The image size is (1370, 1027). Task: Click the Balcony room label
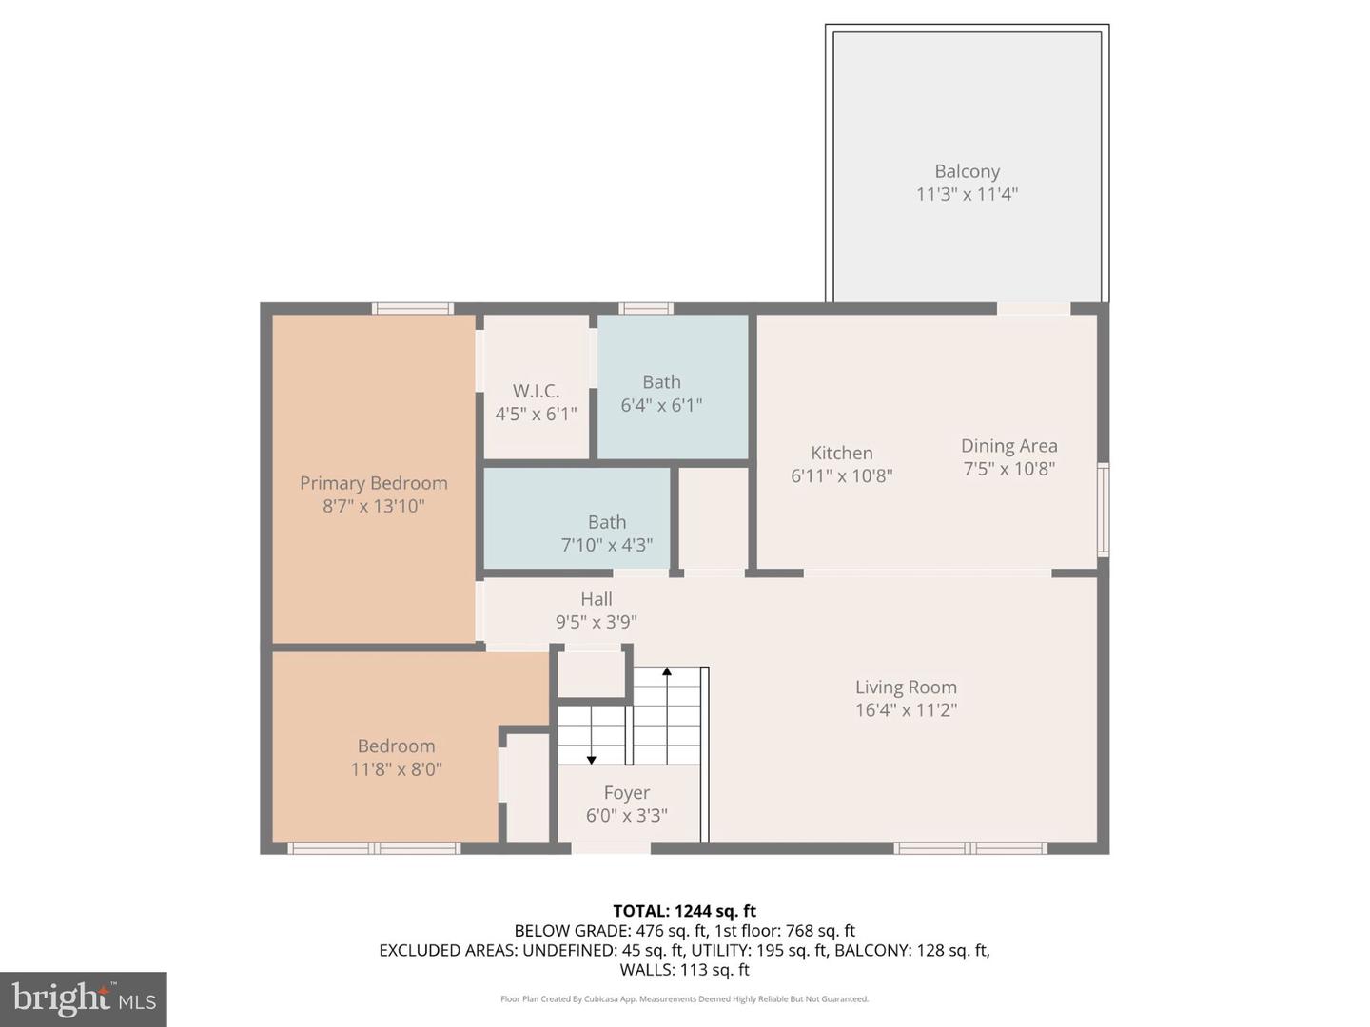[967, 172]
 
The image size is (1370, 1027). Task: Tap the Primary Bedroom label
[373, 483]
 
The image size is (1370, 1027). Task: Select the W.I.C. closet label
[536, 391]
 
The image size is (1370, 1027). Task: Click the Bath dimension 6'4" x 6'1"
[661, 405]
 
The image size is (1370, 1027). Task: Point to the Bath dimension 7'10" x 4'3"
[607, 545]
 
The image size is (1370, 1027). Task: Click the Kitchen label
[841, 454]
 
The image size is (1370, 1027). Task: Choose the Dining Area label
[1008, 446]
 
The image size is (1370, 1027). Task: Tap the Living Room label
[906, 688]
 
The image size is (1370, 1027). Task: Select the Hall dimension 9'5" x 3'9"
[597, 622]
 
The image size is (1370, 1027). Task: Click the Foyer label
[627, 793]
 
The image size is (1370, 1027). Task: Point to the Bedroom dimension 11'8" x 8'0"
[396, 769]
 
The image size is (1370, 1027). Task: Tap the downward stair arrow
[591, 758]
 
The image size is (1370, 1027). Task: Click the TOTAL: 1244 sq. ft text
[684, 911]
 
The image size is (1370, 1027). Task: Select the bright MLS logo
[84, 998]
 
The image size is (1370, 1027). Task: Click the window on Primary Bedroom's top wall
[412, 308]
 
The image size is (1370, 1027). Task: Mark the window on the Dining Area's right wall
[1103, 509]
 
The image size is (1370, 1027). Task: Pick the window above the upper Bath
[646, 308]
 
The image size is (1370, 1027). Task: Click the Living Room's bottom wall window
[970, 848]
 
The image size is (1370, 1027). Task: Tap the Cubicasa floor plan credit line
[684, 999]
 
